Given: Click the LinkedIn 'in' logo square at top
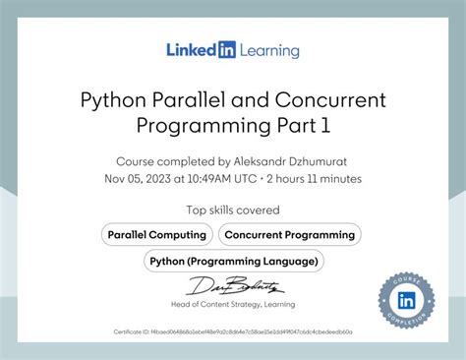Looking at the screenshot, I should pyautogui.click(x=227, y=49).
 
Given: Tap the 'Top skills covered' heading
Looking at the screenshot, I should pyautogui.click(x=233, y=210).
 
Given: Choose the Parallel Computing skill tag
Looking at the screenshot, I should pyautogui.click(x=157, y=234).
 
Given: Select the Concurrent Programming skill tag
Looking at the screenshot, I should pyautogui.click(x=289, y=234).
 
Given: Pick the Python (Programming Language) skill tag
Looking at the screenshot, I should pyautogui.click(x=233, y=261).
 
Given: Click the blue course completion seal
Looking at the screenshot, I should pyautogui.click(x=405, y=300).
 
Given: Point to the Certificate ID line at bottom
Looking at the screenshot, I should pyautogui.click(x=233, y=332).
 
